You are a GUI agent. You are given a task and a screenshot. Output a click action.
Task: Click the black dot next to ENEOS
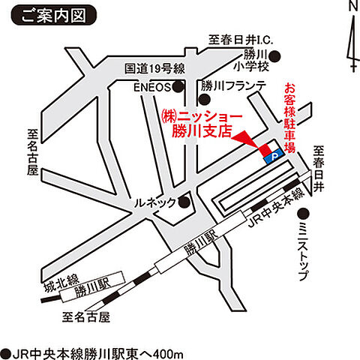coord(178,87)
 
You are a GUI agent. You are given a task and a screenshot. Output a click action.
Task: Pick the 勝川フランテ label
coord(233,87)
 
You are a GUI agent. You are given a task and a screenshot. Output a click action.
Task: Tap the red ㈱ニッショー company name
coord(202,117)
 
